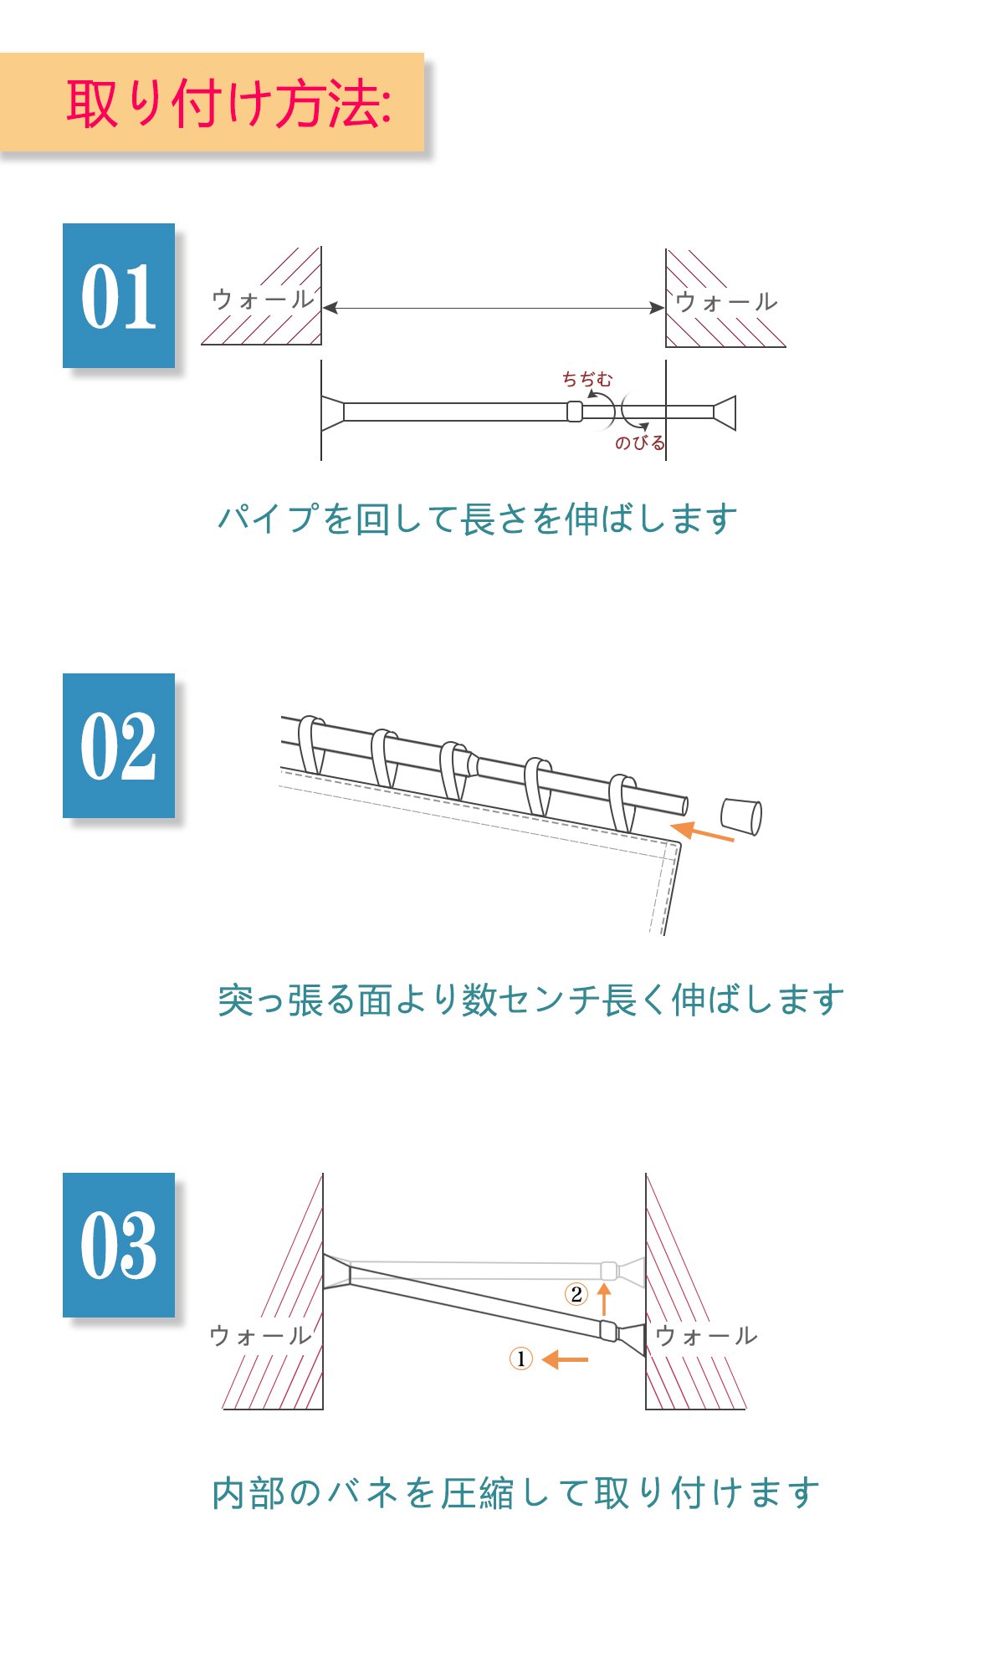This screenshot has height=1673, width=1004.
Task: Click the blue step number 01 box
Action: [119, 295]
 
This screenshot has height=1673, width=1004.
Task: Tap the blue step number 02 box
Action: [119, 745]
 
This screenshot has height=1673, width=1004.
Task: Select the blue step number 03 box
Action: [119, 1245]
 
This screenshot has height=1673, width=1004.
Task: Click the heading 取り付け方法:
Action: [228, 105]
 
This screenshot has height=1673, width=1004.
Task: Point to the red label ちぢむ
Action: [587, 379]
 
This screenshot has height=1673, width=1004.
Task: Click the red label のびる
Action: [640, 443]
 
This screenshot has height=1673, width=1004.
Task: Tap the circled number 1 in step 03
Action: [520, 1358]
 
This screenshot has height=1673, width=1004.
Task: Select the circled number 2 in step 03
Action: [576, 1294]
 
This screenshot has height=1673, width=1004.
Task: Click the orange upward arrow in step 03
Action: [604, 1299]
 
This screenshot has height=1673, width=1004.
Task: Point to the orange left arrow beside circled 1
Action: [565, 1359]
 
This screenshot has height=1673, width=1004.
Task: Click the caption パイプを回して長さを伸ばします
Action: [478, 519]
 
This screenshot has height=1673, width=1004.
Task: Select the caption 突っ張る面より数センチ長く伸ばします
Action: [531, 1000]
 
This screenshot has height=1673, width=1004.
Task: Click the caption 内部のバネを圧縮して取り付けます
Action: [516, 1493]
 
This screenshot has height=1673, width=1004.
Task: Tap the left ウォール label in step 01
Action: [263, 299]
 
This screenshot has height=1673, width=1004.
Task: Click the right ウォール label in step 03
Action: [706, 1336]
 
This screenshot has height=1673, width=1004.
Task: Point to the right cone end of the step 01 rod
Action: [725, 412]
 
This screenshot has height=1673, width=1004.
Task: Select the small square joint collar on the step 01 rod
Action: [575, 412]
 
